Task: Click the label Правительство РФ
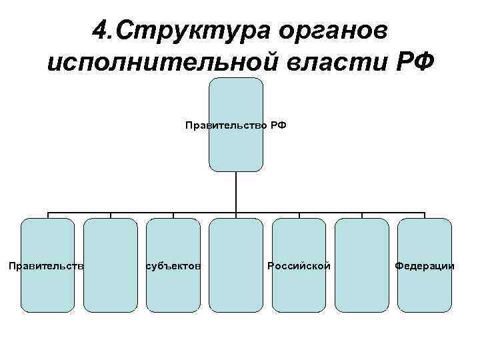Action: pos(235,125)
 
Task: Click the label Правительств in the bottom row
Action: pos(46,266)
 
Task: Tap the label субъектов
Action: pos(173,266)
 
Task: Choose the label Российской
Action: pos(299,266)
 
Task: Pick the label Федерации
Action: pos(425,266)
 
